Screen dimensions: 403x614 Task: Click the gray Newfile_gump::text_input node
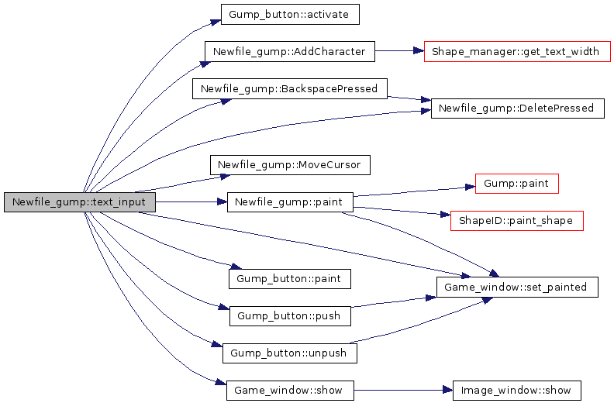[80, 202]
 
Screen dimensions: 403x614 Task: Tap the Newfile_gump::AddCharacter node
[289, 52]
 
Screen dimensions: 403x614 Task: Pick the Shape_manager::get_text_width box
[517, 52]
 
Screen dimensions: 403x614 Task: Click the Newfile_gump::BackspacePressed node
[289, 88]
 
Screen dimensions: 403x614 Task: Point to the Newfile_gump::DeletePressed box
[516, 108]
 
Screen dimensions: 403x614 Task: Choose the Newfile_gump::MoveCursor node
[290, 165]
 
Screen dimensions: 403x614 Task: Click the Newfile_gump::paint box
[290, 202]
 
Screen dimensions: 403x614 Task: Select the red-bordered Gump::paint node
[516, 184]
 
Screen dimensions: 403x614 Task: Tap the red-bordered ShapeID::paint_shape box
[516, 221]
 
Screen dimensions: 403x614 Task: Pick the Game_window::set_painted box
[517, 287]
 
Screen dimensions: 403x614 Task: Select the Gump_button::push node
[290, 316]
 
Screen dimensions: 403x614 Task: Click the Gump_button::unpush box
[290, 353]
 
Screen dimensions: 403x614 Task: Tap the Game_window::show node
[290, 390]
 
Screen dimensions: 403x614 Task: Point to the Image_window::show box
[516, 390]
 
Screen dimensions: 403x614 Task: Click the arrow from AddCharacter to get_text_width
[399, 52]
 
